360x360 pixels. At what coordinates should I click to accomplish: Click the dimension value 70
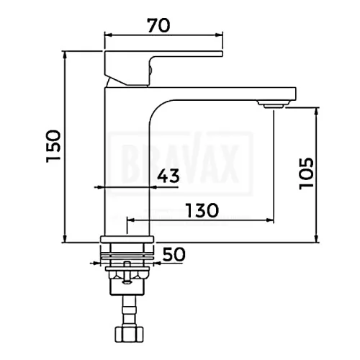pos(158,25)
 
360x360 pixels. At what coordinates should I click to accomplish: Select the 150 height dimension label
pos(53,146)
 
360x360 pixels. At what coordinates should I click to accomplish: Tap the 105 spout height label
pos(307,174)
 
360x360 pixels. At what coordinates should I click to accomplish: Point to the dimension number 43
pos(168,176)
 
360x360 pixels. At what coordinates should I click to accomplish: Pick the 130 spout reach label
pos(202,210)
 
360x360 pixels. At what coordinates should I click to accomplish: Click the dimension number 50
pos(174,254)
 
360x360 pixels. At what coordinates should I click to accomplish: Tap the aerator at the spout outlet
pos(274,104)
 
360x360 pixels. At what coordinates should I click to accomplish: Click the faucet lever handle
pos(163,68)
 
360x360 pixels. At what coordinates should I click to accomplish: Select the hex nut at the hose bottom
pos(129,334)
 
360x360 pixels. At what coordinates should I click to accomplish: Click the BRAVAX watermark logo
pos(181,163)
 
